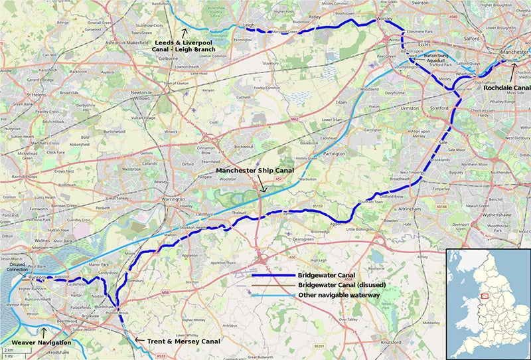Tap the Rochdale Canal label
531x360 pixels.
(x=506, y=86)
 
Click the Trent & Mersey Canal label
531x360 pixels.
(x=183, y=341)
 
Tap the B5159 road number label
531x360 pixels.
(x=317, y=207)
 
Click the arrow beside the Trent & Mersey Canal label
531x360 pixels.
(x=138, y=340)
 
